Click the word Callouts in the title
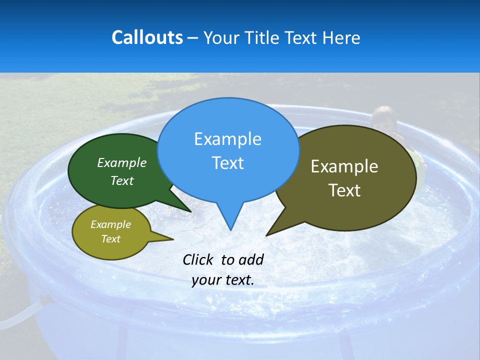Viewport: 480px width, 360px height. (147, 37)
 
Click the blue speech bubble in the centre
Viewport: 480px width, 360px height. (228, 150)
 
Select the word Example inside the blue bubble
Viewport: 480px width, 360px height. (227, 139)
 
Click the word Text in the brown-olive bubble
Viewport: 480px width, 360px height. (344, 190)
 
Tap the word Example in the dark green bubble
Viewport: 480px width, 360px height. (122, 163)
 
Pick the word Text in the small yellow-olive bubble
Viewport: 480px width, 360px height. (110, 239)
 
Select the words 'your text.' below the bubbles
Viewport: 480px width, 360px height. (223, 280)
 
